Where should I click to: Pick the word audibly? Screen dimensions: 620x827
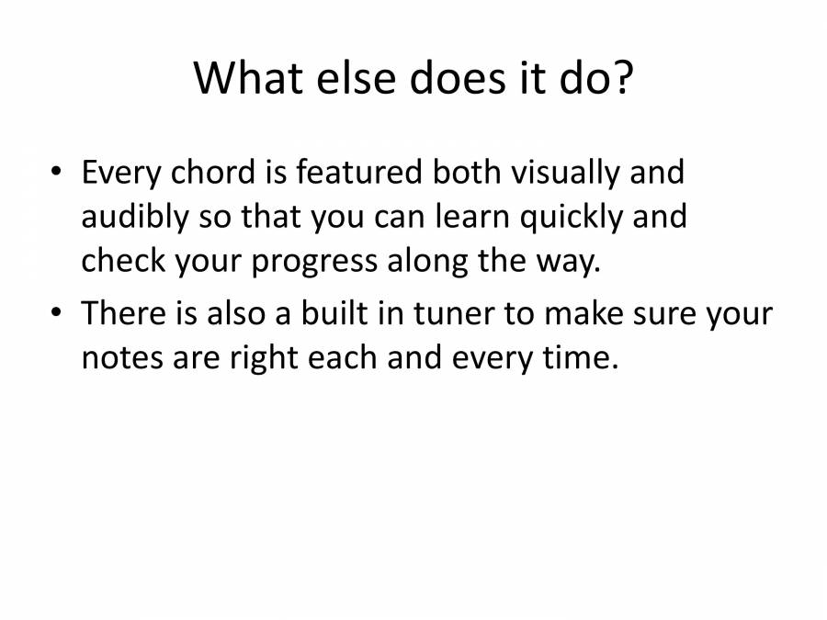pyautogui.click(x=134, y=218)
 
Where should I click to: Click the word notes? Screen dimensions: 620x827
pyautogui.click(x=119, y=357)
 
